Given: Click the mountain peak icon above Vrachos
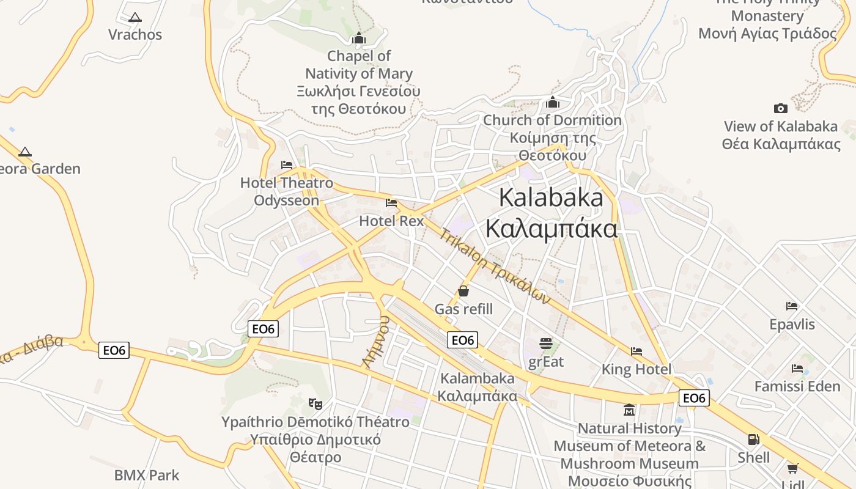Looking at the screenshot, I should [135, 17].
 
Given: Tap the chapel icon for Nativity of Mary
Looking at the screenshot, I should [359, 39].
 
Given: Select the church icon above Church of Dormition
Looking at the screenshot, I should [553, 102].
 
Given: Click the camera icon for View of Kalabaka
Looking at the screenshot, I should [780, 108].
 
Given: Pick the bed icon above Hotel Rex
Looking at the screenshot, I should [391, 203].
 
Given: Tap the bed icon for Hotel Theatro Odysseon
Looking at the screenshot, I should [286, 164].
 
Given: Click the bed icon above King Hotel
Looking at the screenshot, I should [636, 351].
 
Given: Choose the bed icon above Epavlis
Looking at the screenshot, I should [792, 306].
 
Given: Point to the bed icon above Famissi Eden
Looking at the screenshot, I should [797, 369].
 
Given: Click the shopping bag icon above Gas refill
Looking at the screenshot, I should [463, 291].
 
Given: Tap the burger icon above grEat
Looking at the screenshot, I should [546, 344].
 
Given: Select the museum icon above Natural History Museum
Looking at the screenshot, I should [629, 410].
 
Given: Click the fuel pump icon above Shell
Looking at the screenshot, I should [753, 439].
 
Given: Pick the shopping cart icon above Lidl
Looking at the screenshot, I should [792, 469].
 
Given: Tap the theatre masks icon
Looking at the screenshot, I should [315, 403].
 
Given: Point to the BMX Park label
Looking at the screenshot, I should [147, 475].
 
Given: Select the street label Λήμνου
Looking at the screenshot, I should [376, 342].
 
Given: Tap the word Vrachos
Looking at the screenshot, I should [135, 34].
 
